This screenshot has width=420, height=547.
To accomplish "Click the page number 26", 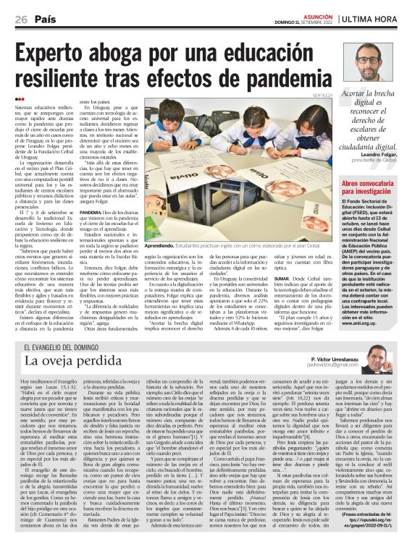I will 21,20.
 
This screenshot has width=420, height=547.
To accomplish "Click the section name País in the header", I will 46,20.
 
